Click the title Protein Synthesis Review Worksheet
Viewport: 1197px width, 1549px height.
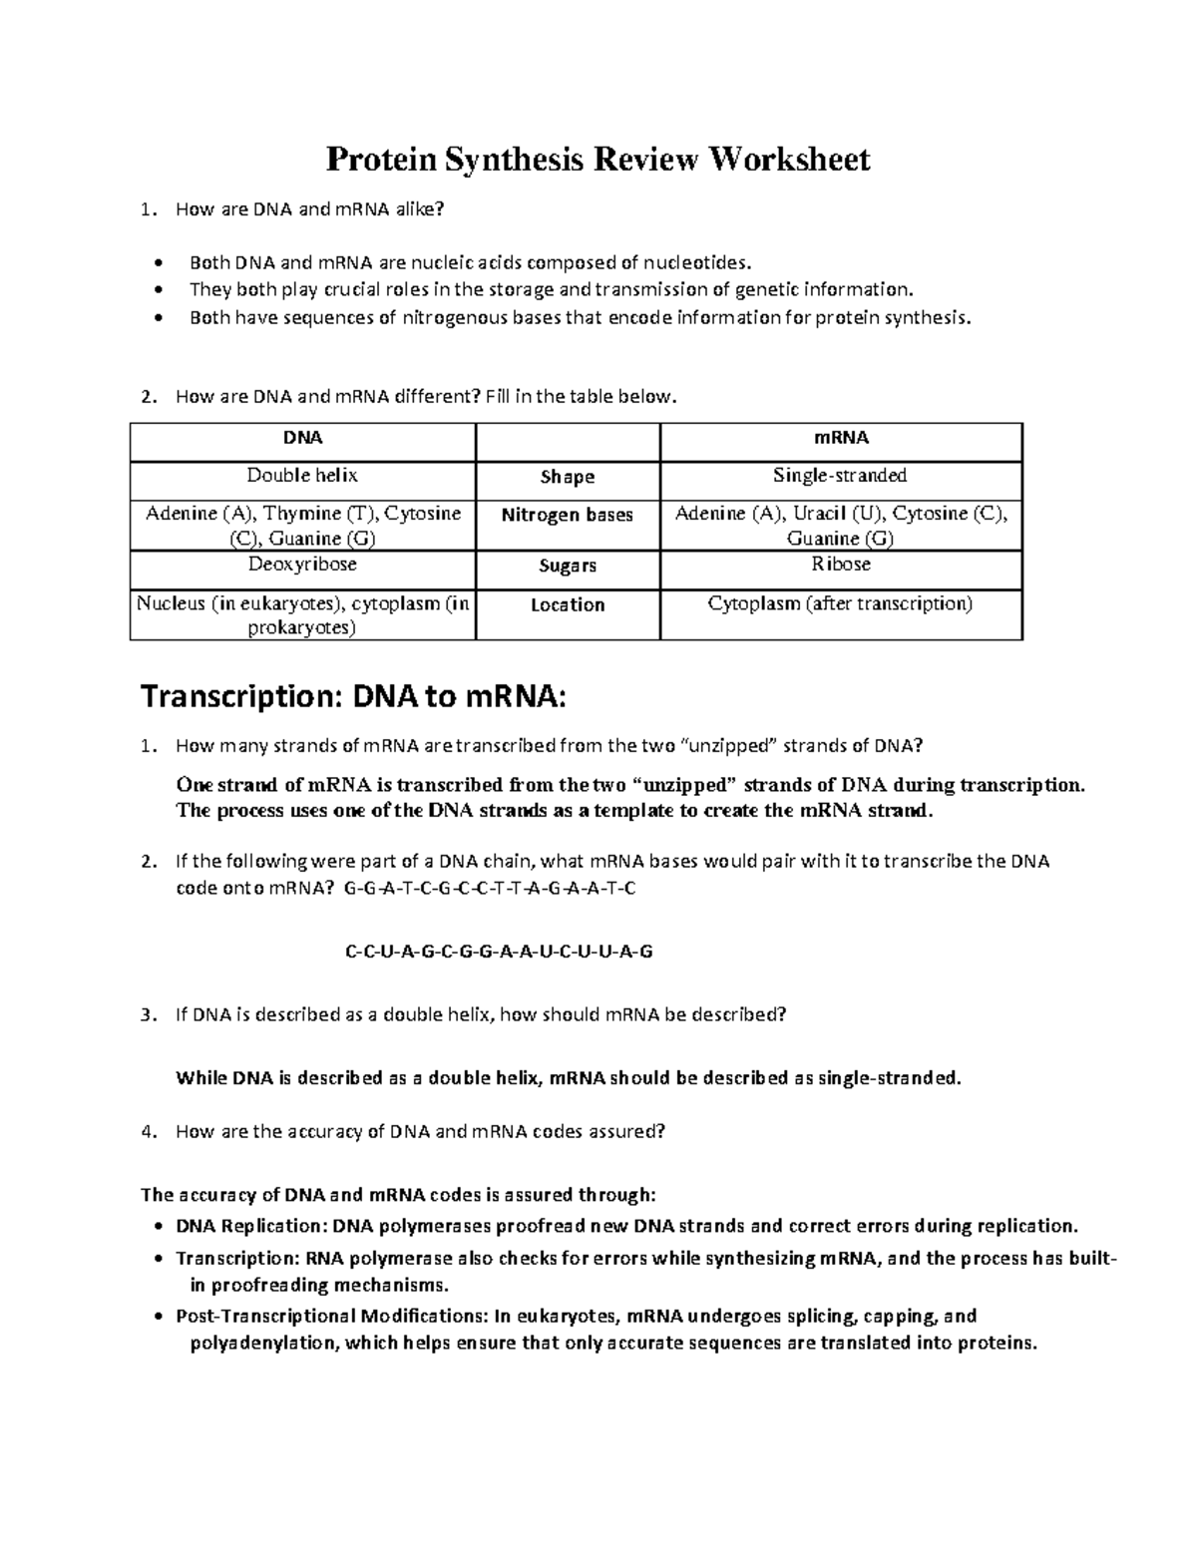pos(598,159)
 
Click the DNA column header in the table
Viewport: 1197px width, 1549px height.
pos(302,438)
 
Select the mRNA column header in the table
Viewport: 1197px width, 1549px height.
pos(841,438)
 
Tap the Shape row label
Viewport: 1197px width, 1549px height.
pos(568,477)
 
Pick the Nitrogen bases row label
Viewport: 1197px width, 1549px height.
pos(568,516)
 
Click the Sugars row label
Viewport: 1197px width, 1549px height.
pos(568,566)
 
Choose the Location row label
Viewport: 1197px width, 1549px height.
pos(568,605)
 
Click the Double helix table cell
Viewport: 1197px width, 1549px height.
pos(302,476)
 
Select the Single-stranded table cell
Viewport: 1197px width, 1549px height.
pos(841,476)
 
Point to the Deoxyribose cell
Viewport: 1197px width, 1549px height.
pos(302,565)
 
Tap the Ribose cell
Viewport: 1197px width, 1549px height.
pos(841,565)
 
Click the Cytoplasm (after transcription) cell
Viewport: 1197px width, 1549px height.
pos(841,603)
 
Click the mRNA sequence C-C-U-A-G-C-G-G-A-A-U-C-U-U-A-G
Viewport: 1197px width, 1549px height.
pos(499,952)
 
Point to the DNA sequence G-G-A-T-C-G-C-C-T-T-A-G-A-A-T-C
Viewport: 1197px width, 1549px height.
pos(489,888)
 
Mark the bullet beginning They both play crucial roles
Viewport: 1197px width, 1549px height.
pos(551,290)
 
